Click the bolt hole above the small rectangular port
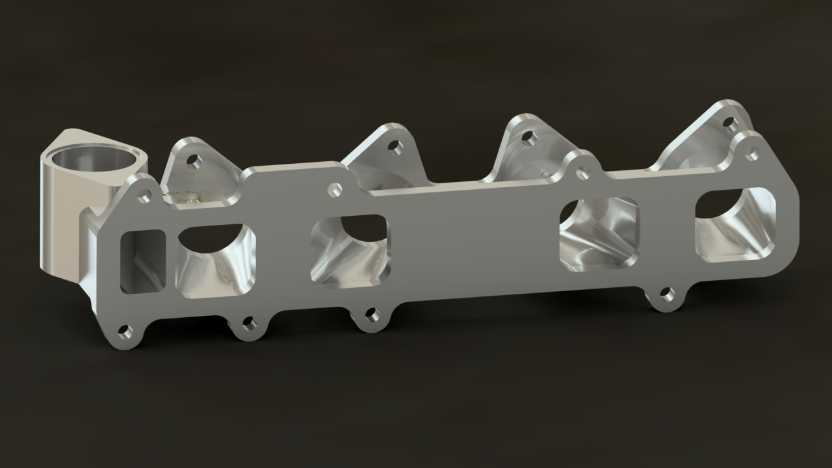point(146,196)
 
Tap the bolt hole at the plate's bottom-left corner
point(125,333)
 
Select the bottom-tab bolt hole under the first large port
point(248,324)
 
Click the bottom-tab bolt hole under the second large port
point(372,315)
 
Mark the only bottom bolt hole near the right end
point(667,294)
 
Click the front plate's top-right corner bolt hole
point(752,155)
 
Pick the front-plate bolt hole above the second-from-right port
point(583,173)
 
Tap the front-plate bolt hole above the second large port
point(335,189)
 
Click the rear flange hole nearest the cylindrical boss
point(194,159)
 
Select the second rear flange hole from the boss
point(393,146)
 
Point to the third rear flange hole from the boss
point(529,138)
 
